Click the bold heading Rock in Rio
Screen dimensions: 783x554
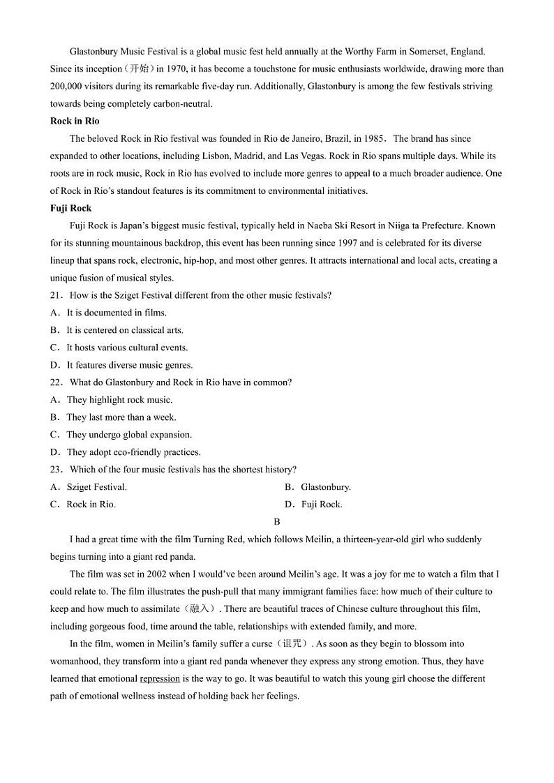75,121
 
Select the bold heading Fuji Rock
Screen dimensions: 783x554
70,209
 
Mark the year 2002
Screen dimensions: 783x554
149,574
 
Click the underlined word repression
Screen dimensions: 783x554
160,679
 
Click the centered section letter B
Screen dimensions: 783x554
277,522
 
